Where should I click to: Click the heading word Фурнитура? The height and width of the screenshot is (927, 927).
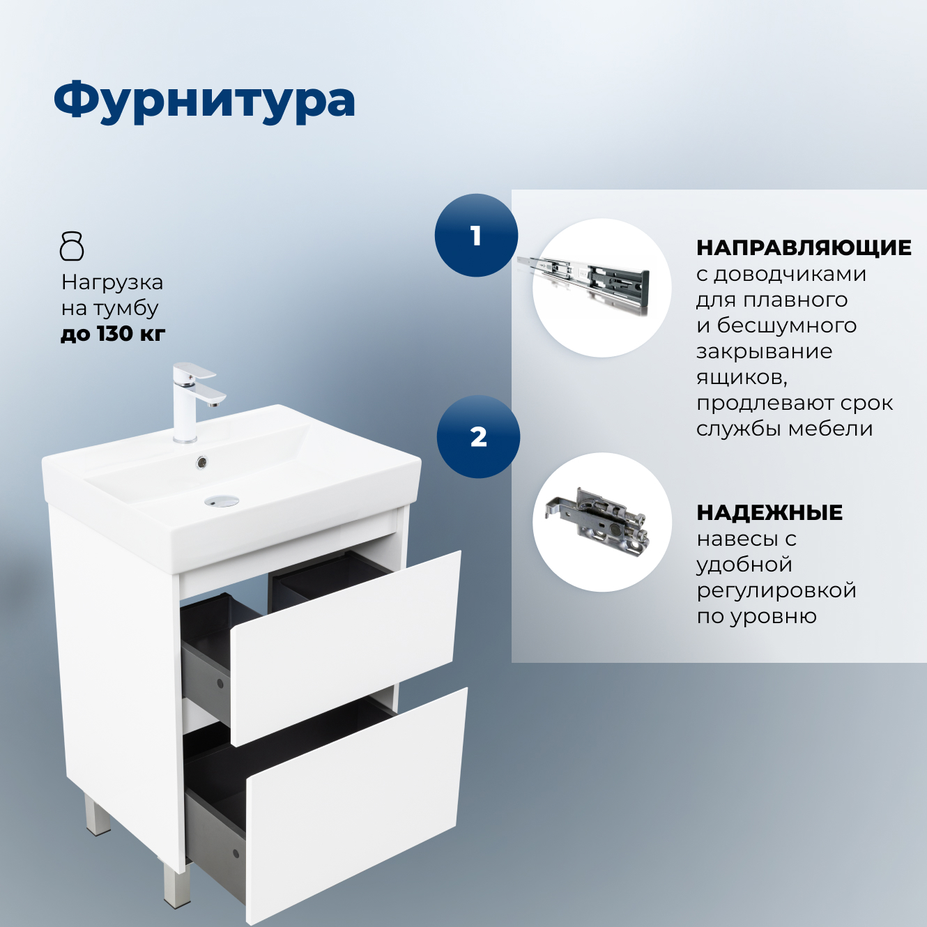tap(204, 101)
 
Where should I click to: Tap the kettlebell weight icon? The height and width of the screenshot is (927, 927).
tap(72, 246)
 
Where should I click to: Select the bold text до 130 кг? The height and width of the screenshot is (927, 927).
tap(113, 334)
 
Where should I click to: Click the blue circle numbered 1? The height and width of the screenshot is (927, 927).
tap(476, 236)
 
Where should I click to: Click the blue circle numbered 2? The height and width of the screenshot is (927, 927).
tap(478, 437)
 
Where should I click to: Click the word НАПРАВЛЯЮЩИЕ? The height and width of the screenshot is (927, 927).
tap(804, 247)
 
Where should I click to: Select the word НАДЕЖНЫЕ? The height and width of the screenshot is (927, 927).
tap(769, 513)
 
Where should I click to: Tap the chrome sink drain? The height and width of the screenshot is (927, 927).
tap(221, 500)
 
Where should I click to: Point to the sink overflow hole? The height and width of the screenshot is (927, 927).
tap(201, 461)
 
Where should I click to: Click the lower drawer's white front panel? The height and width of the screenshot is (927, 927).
tap(355, 802)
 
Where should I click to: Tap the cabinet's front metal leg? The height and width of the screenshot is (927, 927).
tap(176, 885)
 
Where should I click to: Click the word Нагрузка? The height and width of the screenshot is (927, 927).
tap(112, 282)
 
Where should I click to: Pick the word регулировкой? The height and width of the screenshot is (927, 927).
tap(776, 590)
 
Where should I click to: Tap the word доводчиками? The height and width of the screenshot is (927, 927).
tap(790, 275)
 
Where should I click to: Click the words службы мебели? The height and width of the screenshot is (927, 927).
tap(784, 429)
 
